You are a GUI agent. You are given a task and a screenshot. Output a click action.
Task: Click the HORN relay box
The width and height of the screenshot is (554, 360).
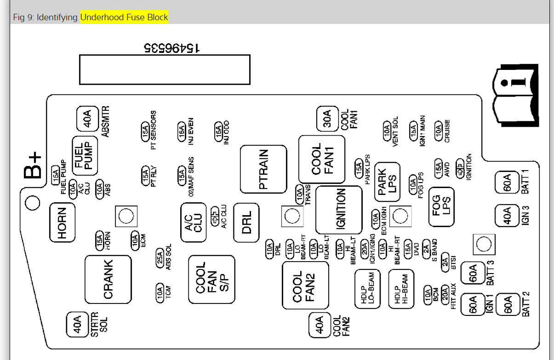[62, 223]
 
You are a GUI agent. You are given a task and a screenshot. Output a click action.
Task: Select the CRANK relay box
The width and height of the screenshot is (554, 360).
[108, 279]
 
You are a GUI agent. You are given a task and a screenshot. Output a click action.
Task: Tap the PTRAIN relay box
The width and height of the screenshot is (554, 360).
[263, 169]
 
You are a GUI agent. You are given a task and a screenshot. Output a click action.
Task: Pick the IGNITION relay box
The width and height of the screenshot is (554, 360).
[339, 210]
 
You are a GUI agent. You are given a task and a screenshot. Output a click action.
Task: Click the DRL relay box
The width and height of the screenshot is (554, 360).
[246, 223]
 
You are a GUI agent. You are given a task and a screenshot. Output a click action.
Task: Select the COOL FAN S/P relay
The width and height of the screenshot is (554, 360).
[211, 279]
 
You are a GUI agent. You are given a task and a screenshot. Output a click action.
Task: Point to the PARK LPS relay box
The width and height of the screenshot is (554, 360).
[387, 182]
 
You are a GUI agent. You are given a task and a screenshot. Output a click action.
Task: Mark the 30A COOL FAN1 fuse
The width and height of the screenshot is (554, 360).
[326, 119]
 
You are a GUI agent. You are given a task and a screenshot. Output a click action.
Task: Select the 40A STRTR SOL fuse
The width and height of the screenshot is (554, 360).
[77, 324]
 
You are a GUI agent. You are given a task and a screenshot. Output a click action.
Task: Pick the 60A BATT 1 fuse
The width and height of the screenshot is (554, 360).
[506, 183]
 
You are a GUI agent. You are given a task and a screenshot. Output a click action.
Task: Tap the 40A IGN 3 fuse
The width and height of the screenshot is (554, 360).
[506, 215]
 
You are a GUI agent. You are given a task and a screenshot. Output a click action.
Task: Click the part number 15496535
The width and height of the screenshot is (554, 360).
[171, 47]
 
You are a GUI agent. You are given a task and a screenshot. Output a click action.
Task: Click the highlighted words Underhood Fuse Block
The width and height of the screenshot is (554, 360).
[124, 17]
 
